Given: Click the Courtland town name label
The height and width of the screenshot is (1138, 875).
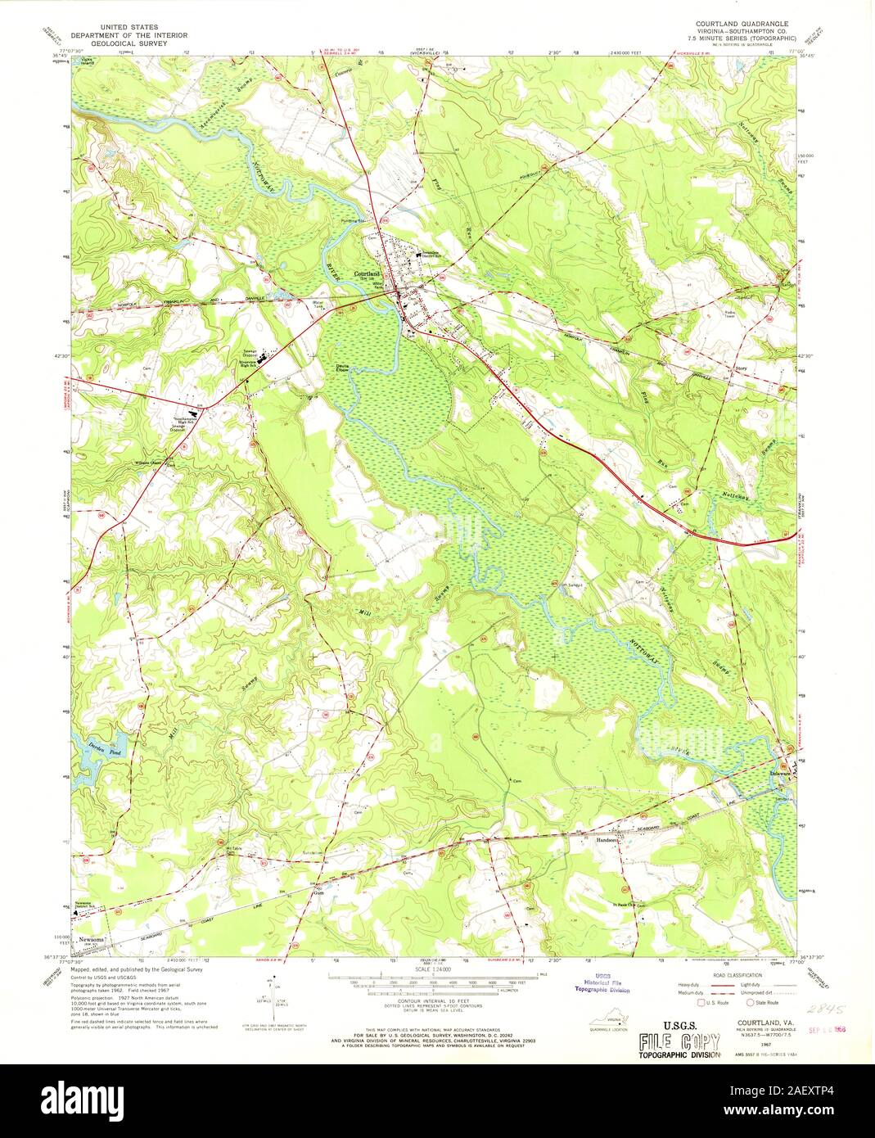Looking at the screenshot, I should tap(366, 274).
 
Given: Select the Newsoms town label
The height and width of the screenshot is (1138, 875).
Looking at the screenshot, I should tap(92, 938).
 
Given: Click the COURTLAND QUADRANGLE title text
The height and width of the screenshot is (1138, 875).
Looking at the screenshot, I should tap(743, 25).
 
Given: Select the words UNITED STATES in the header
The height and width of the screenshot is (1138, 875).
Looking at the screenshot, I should tap(118, 27).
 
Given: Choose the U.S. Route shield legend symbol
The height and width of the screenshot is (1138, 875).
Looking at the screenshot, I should tap(701, 1002).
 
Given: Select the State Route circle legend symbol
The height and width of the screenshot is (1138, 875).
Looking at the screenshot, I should tap(750, 1002).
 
